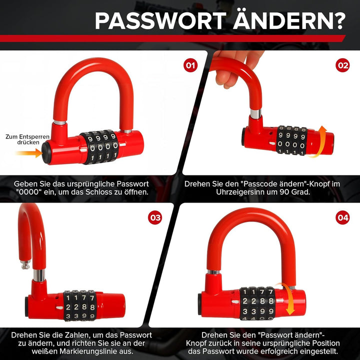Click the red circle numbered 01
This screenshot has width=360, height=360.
[190, 65]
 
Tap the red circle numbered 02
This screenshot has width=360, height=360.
[342, 65]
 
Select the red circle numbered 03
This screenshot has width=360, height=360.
[155, 217]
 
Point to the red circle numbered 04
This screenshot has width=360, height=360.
[342, 217]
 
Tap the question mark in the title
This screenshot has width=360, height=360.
[338, 21]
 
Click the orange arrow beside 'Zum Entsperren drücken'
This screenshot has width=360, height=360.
[29, 153]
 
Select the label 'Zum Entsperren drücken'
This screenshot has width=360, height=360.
[27, 139]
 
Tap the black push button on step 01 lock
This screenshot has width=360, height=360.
[46, 153]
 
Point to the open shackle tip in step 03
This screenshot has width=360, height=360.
[25, 264]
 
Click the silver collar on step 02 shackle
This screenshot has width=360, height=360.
[255, 114]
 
